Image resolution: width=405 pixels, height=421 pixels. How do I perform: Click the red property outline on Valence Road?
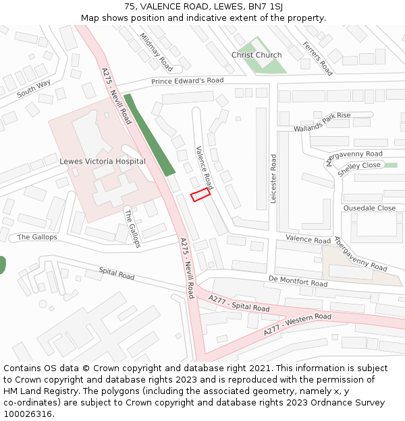point(200,195)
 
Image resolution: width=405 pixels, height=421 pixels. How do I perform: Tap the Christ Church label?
point(256,55)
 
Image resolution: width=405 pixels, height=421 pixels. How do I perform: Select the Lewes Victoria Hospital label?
point(102,162)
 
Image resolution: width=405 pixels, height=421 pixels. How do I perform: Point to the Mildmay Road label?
point(157,51)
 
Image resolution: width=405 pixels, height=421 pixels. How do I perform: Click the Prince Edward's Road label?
point(187,81)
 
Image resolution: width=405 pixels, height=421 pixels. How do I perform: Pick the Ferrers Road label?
point(318,59)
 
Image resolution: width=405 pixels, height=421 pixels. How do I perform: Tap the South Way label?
point(34,88)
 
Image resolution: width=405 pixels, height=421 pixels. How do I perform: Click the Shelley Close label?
point(359,166)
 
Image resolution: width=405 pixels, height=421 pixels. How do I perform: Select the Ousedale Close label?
point(369,208)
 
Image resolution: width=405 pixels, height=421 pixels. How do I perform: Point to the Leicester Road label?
point(273,179)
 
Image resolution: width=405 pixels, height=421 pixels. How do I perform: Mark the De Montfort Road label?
point(298,281)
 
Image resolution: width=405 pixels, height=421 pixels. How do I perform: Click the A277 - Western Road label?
point(297,324)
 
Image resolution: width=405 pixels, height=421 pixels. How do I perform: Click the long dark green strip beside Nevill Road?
point(149,135)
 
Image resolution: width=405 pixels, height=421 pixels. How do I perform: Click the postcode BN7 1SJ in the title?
point(268,6)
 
